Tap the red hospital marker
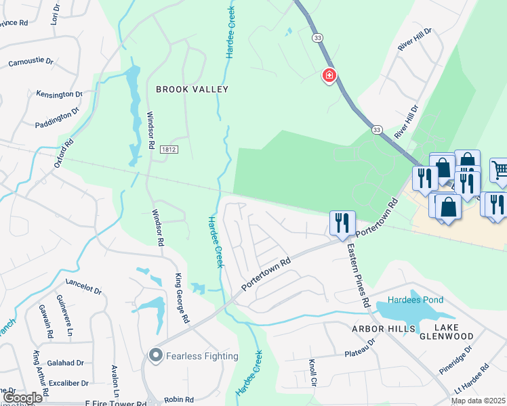(329, 75)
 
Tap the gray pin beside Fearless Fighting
(155, 355)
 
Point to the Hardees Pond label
(415, 300)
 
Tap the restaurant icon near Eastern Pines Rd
(340, 222)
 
